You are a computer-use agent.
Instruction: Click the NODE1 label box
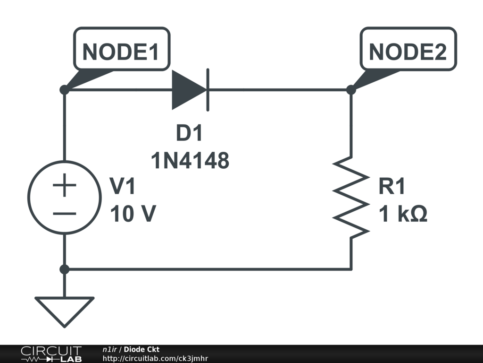[121, 52]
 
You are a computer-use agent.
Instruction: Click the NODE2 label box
[408, 52]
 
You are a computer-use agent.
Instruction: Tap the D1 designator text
[189, 134]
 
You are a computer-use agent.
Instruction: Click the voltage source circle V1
[65, 197]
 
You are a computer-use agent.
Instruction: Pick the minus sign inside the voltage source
[65, 213]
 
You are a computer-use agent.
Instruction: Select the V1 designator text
[123, 187]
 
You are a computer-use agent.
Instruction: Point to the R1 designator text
[392, 187]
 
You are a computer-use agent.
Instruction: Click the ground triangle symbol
[65, 310]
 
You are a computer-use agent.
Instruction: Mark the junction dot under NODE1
[65, 89]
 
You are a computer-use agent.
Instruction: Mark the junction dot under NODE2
[351, 89]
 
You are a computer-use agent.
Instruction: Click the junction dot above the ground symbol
[65, 269]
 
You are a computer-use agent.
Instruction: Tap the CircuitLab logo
[51, 354]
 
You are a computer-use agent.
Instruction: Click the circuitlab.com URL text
[155, 358]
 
